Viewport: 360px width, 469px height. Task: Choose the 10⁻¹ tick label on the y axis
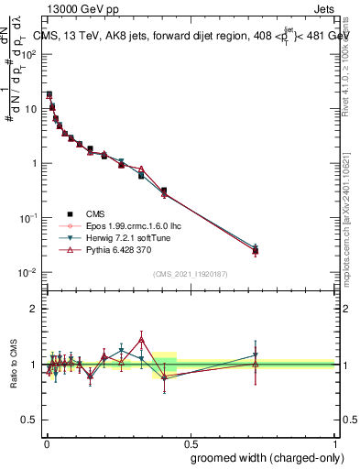(27, 218)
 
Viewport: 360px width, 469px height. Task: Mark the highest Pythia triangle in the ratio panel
(141, 340)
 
